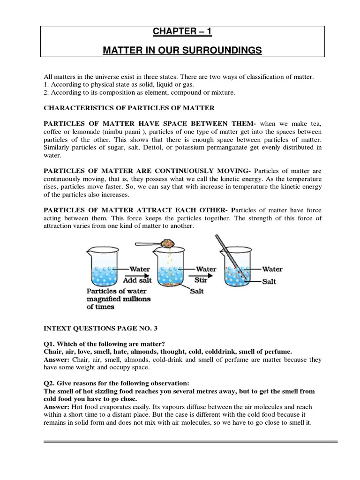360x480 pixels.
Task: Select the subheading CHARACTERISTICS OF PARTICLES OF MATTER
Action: (129, 108)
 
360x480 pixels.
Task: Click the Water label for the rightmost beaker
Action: (272, 270)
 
